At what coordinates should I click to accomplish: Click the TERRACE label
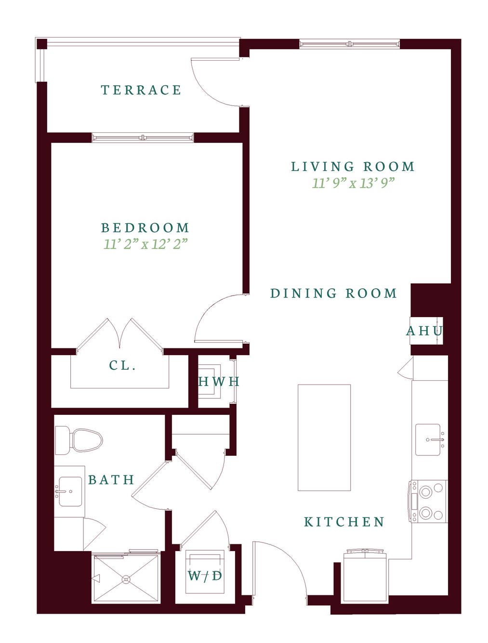point(141,90)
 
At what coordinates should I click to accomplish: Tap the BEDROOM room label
point(145,228)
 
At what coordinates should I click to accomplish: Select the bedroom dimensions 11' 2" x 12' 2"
point(145,244)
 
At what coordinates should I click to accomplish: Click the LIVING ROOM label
point(353,167)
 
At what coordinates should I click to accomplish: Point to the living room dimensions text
point(353,183)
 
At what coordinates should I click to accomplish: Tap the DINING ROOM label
point(333,293)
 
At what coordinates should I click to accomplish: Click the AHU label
point(424,331)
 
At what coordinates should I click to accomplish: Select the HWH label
point(219,381)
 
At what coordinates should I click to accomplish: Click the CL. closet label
point(122,365)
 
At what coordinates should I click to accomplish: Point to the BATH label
point(111,479)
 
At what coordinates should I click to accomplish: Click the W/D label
point(205,576)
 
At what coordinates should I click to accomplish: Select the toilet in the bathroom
point(79,440)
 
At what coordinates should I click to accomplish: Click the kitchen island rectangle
point(324,437)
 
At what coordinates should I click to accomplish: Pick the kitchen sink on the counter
point(428,439)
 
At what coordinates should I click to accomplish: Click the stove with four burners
point(428,501)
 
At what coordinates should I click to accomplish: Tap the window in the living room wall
point(349,44)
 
